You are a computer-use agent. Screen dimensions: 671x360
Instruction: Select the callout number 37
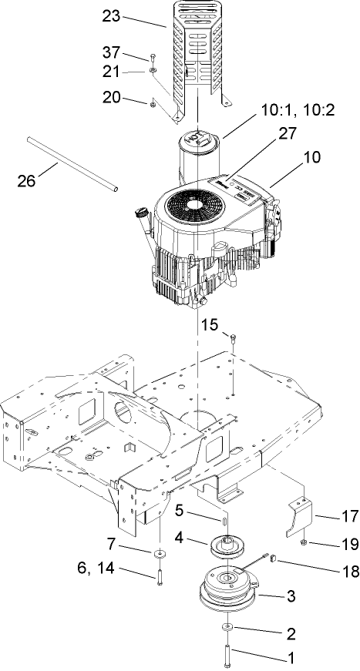(112, 52)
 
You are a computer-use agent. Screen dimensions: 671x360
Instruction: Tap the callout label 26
(28, 182)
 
